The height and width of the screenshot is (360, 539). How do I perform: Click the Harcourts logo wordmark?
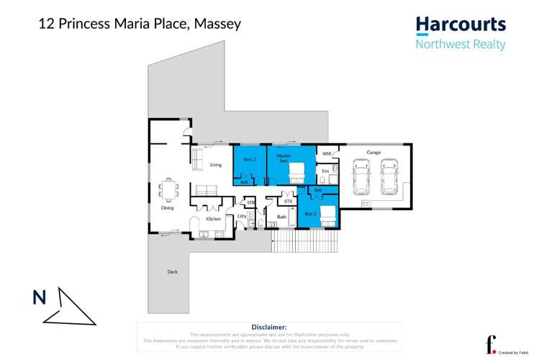[x=461, y=24]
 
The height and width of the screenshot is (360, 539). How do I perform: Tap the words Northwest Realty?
[x=461, y=45]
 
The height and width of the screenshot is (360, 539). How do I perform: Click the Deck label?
[x=172, y=271]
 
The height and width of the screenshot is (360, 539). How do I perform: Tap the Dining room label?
[x=167, y=208]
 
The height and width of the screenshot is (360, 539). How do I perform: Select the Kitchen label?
[x=214, y=218]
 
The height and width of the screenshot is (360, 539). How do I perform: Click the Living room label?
[x=216, y=165]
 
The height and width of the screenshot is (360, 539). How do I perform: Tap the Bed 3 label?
[x=249, y=158]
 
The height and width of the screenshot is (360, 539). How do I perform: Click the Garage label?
[x=373, y=153]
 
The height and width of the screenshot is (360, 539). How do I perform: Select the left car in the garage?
[x=361, y=176]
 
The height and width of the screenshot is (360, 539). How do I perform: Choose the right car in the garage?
[x=389, y=176]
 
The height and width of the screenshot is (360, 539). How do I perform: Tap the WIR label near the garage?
[x=327, y=153]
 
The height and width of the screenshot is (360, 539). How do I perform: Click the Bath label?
[x=282, y=217]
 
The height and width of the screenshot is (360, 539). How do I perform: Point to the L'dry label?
[x=242, y=216]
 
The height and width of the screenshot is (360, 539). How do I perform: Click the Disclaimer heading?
[x=269, y=327]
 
